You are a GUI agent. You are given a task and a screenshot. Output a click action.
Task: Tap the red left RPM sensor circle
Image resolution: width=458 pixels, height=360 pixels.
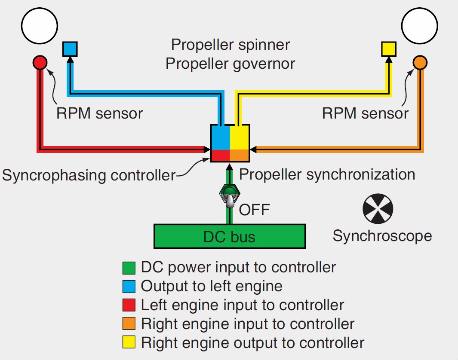pos(40,63)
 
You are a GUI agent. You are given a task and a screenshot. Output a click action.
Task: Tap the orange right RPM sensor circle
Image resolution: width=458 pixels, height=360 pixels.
pos(420,63)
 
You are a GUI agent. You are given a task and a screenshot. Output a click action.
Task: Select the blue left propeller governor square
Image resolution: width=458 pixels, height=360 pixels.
pos(70,49)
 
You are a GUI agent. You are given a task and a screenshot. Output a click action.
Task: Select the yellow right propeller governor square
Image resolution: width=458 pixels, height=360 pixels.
pos(389,49)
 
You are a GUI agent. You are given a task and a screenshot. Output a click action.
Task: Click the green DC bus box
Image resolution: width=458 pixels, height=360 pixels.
pos(230,236)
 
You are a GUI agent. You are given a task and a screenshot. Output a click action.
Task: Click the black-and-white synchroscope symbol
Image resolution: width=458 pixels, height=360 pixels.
pos(378,209)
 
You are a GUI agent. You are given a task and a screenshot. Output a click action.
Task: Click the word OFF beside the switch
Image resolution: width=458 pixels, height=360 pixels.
pos(254,210)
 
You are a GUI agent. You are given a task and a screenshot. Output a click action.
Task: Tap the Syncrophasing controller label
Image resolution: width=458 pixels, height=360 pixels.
pos(89,175)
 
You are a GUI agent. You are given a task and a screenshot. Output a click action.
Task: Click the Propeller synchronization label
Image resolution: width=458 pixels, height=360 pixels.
pos(327,174)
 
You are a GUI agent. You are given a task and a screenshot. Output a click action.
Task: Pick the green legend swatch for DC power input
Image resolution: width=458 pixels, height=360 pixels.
pos(129,268)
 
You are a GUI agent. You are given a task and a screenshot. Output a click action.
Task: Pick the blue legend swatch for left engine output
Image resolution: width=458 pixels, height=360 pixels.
pos(129,287)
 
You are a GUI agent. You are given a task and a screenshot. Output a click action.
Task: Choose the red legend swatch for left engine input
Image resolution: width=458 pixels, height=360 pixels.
pos(129,305)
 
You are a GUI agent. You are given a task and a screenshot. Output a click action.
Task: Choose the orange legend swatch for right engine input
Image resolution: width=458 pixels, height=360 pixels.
pos(129,324)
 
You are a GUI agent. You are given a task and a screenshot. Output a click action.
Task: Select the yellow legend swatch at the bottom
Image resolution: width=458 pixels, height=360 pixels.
pos(129,343)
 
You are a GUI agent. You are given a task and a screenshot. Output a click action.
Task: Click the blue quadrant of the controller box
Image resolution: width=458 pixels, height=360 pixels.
pos(221,137)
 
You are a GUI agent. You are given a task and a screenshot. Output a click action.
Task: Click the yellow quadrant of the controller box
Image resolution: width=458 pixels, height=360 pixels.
pos(240,137)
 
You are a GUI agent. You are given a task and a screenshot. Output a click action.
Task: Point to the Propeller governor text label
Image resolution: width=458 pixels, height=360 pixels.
pos(230,64)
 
